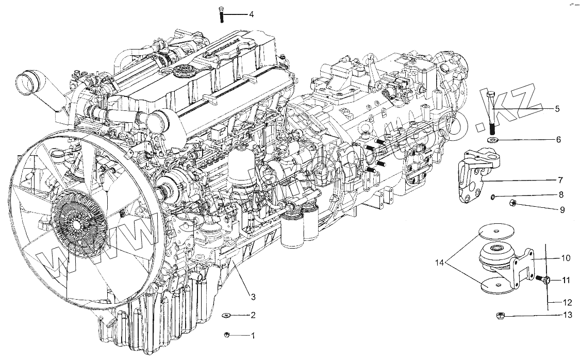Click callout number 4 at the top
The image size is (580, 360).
251,14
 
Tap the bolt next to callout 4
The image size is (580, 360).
221,14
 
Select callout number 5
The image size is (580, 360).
557,109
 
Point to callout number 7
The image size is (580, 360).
560,180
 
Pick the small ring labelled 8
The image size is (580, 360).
493,197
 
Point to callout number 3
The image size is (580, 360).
253,296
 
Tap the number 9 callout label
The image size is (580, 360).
562,210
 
